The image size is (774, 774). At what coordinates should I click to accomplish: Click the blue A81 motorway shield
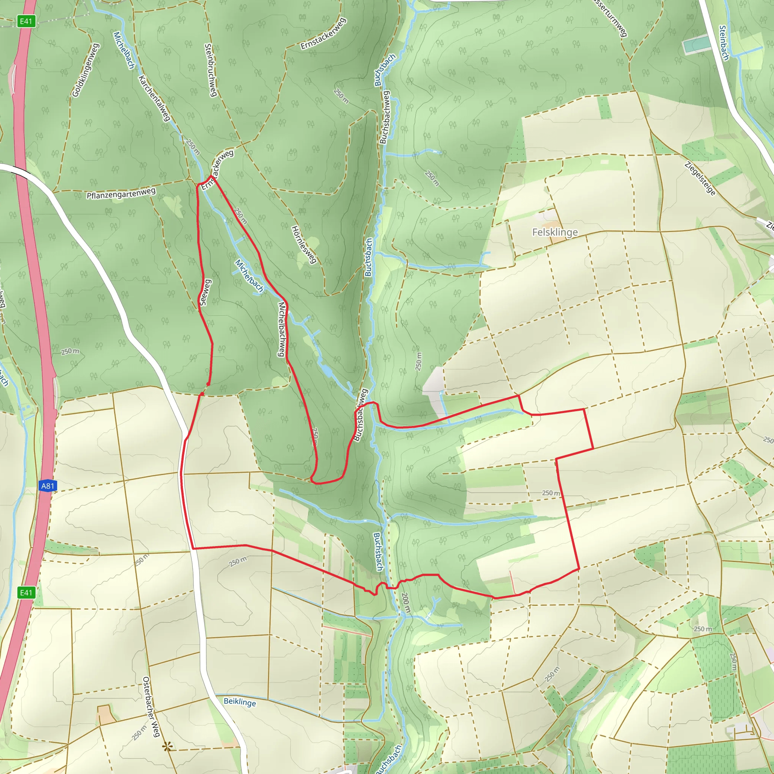pyautogui.click(x=48, y=486)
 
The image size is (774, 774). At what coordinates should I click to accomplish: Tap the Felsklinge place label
pyautogui.click(x=555, y=232)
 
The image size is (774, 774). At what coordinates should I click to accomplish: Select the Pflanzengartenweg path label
pyautogui.click(x=121, y=193)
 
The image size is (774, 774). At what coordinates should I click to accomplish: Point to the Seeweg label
pyautogui.click(x=205, y=293)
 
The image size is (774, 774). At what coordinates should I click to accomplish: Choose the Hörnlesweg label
pyautogui.click(x=304, y=245)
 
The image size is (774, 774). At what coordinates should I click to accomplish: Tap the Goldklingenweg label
pyautogui.click(x=85, y=70)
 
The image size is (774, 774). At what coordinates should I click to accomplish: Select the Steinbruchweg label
pyautogui.click(x=211, y=70)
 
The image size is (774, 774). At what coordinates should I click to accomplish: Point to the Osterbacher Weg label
pyautogui.click(x=152, y=707)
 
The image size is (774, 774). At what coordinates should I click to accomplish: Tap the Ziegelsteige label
pyautogui.click(x=700, y=178)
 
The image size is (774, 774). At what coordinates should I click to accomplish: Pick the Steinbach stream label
pyautogui.click(x=723, y=43)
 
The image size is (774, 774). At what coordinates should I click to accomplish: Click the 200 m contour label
pyautogui.click(x=406, y=602)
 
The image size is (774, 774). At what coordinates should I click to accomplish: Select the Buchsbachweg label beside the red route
pyautogui.click(x=361, y=415)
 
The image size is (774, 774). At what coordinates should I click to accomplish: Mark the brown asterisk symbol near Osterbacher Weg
pyautogui.click(x=167, y=746)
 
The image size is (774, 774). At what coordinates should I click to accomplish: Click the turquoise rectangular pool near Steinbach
pyautogui.click(x=697, y=44)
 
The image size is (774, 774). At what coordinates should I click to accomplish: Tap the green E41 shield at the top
pyautogui.click(x=26, y=21)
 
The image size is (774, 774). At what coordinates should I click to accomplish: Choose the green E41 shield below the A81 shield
pyautogui.click(x=26, y=593)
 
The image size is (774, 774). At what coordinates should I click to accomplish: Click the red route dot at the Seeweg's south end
pyautogui.click(x=208, y=384)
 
